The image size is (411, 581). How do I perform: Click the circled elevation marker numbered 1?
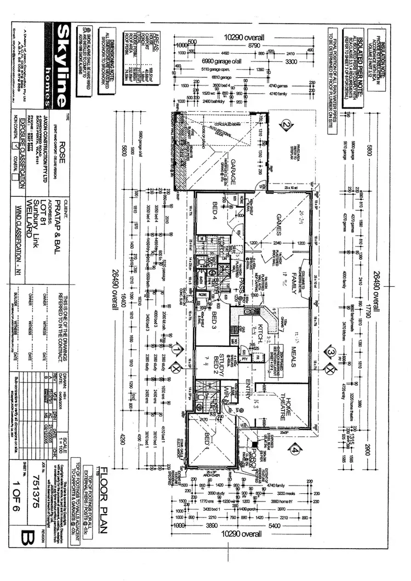(x=176, y=349)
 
